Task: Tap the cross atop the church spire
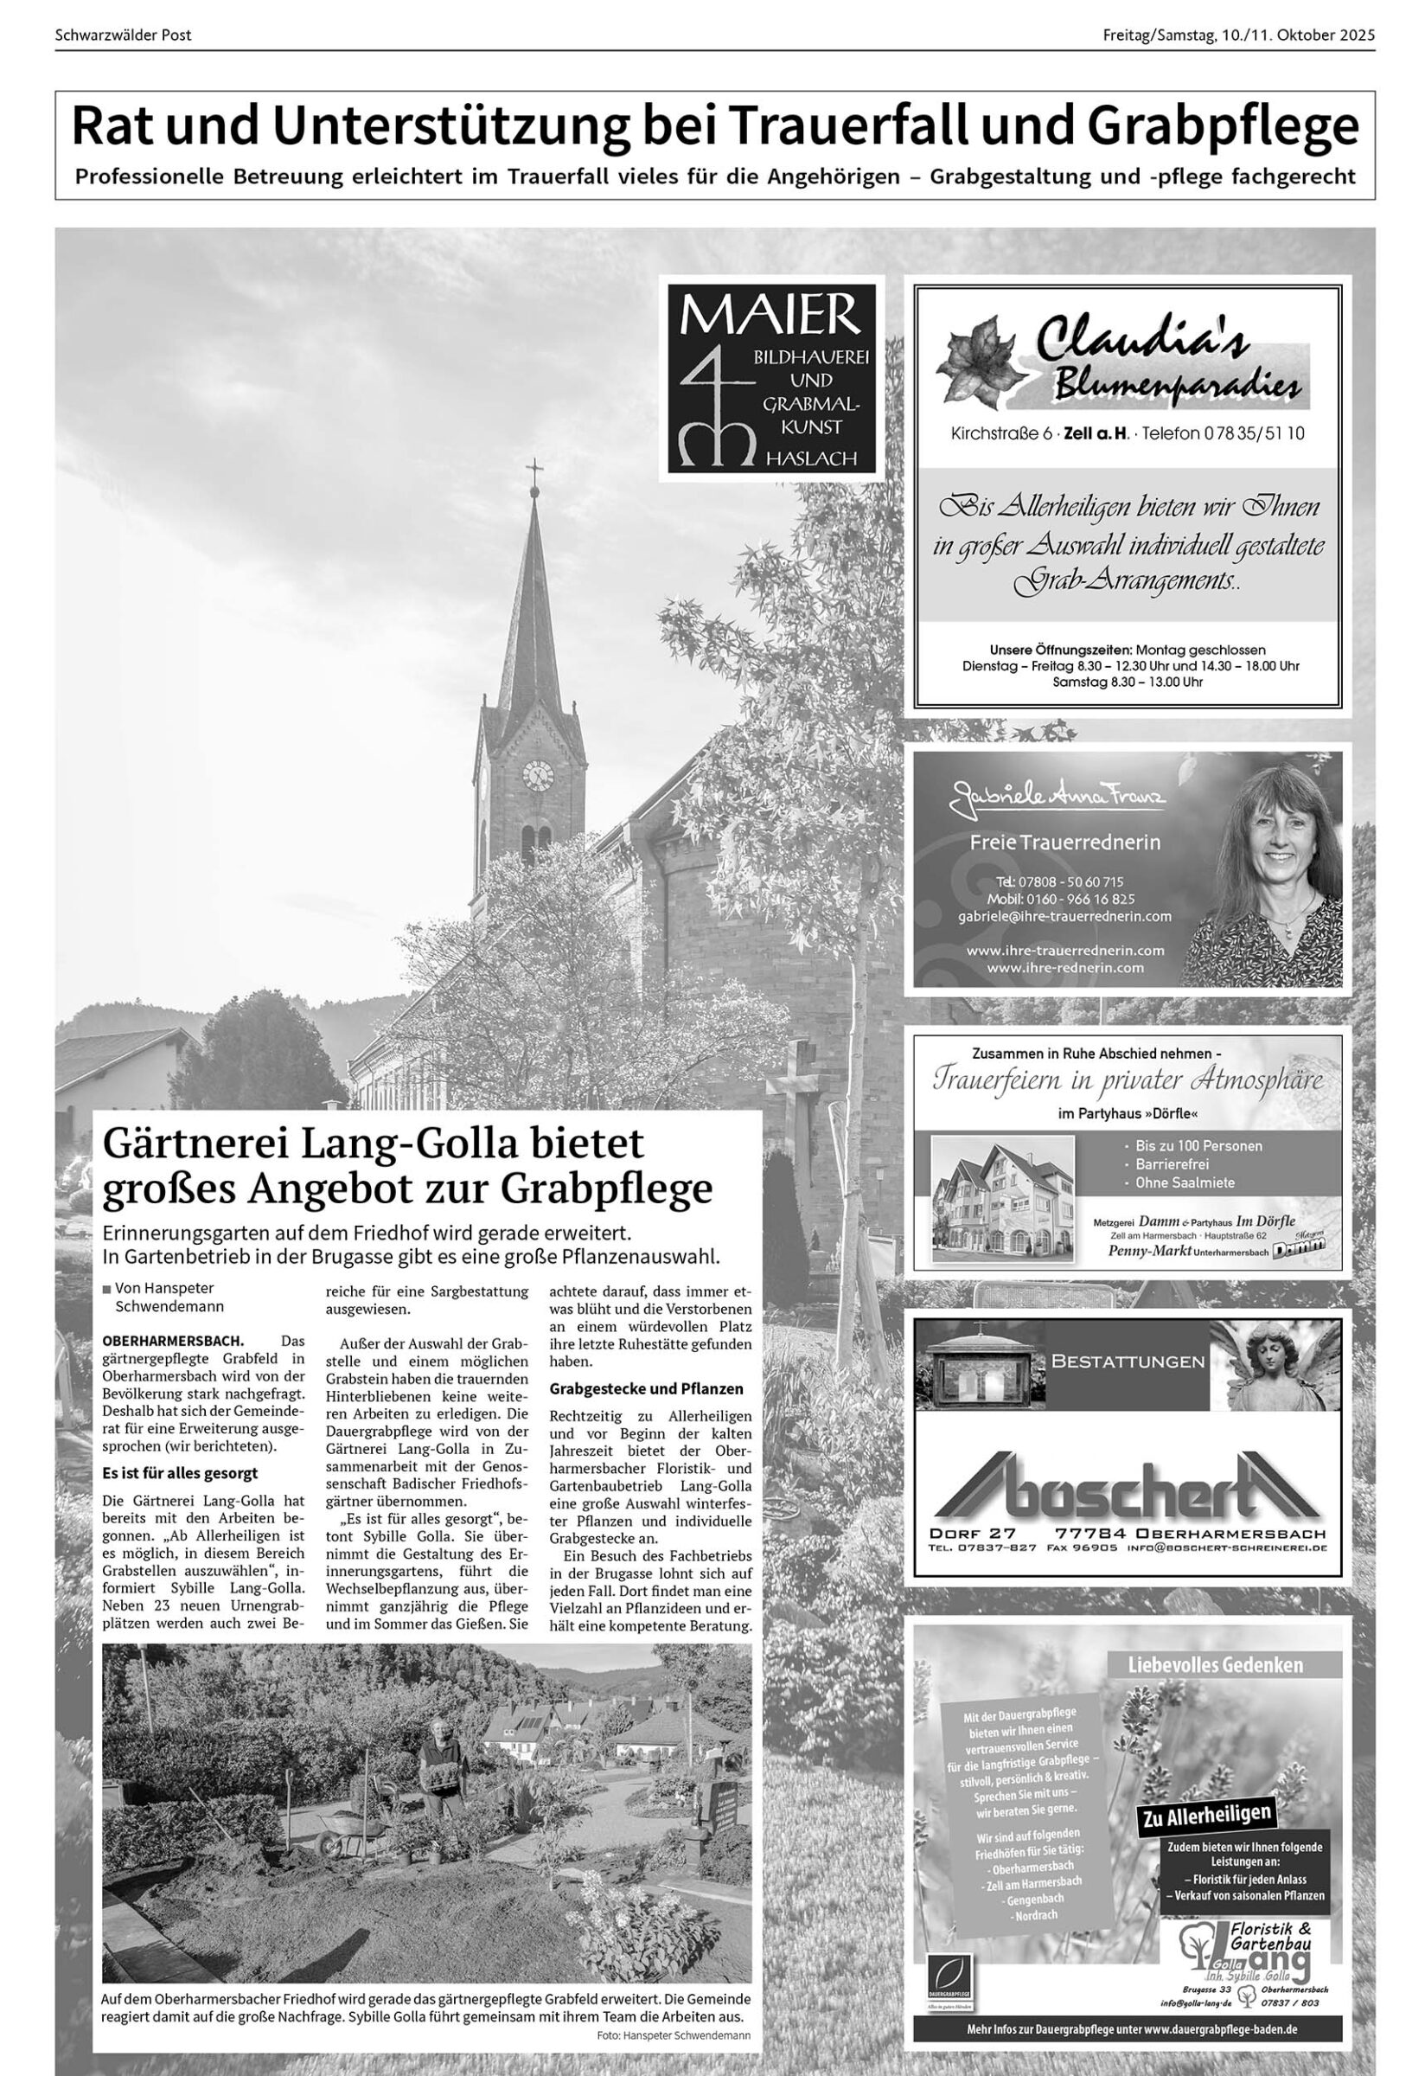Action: [534, 469]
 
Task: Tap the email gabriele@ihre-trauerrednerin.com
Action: [1064, 916]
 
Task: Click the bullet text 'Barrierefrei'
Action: [1173, 1164]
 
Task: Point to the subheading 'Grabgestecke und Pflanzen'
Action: [647, 1389]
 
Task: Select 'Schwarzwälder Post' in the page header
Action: [123, 35]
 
